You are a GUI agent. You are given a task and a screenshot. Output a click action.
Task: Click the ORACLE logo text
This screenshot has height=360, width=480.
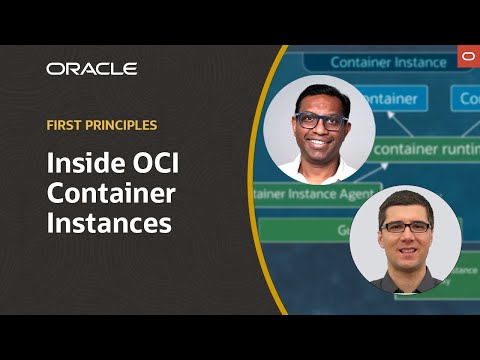[x=91, y=69]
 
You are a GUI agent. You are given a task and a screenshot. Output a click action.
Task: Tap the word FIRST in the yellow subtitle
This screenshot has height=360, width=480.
[x=66, y=127]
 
